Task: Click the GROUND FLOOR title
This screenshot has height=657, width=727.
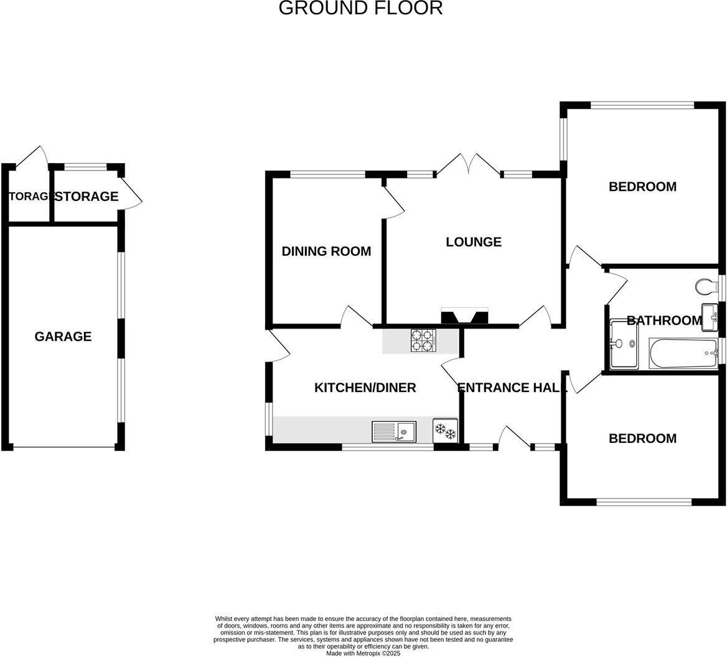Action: click(x=360, y=8)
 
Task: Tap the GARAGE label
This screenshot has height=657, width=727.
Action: click(x=63, y=337)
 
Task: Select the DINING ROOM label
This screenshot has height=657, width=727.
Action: click(x=326, y=251)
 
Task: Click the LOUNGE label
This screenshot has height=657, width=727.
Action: click(x=474, y=242)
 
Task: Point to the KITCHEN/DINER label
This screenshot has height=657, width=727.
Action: click(x=365, y=388)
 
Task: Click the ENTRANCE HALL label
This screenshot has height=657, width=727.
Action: click(x=512, y=388)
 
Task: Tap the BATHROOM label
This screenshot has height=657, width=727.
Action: click(x=664, y=320)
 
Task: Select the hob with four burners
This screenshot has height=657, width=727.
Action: click(x=423, y=341)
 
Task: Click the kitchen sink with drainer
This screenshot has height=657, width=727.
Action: click(x=394, y=431)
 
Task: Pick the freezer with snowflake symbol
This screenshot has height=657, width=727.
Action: click(x=446, y=431)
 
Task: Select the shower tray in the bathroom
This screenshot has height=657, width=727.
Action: click(x=624, y=344)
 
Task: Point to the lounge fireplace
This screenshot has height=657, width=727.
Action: click(x=464, y=317)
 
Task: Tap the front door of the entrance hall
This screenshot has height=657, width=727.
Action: click(x=514, y=438)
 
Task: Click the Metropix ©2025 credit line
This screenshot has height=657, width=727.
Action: click(x=363, y=653)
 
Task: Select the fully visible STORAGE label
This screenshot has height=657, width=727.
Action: click(x=87, y=197)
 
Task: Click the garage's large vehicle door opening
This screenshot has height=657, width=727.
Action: click(x=63, y=447)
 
